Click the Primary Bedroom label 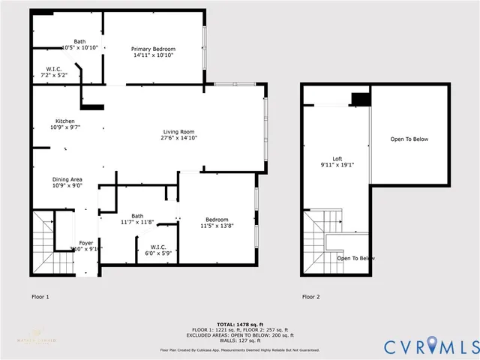point(153,49)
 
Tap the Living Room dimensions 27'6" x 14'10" point(179,139)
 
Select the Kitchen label point(64,121)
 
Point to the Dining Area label point(67,178)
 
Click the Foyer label point(86,243)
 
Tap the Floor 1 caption point(40,297)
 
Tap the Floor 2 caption point(311,297)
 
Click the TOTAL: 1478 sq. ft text point(240,323)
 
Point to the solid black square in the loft point(361,99)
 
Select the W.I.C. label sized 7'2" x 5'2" point(53,72)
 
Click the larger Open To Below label point(409,139)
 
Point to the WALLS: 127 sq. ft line point(240,341)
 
